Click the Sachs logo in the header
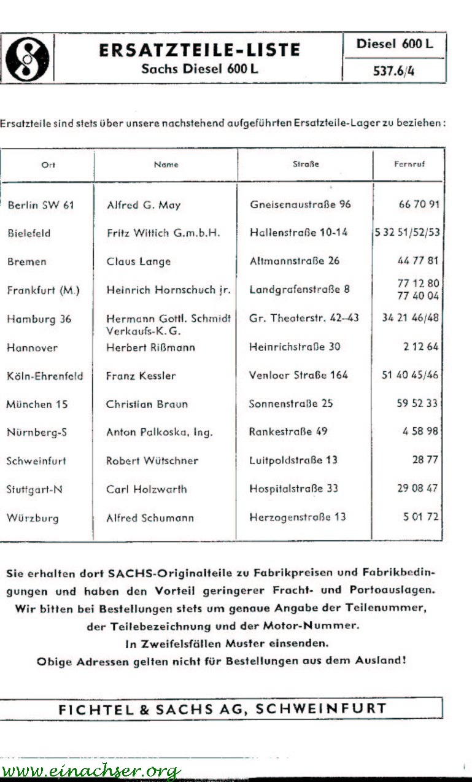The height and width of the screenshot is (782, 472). (x=27, y=58)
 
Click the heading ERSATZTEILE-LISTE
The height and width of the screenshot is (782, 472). (x=199, y=50)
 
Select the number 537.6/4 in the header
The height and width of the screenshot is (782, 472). (x=393, y=71)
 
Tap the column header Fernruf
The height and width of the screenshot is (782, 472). (x=409, y=165)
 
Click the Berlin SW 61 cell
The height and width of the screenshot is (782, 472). (x=41, y=205)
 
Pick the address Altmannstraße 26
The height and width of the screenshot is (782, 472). (x=295, y=261)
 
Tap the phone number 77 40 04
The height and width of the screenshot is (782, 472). (x=419, y=296)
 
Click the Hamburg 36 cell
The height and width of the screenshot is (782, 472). (x=39, y=319)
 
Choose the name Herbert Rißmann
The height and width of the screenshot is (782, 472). (x=151, y=347)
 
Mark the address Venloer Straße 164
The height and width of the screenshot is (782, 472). (x=298, y=375)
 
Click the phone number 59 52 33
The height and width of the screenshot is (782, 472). (x=417, y=403)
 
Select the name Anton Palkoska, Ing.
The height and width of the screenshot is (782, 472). (x=160, y=432)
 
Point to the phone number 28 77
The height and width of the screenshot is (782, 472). (x=425, y=460)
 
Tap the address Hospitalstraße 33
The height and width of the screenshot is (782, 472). (x=293, y=489)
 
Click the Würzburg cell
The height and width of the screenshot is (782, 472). (x=33, y=517)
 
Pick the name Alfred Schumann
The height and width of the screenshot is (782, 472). (x=150, y=517)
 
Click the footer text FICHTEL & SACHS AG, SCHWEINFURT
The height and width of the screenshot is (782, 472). (x=222, y=709)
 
